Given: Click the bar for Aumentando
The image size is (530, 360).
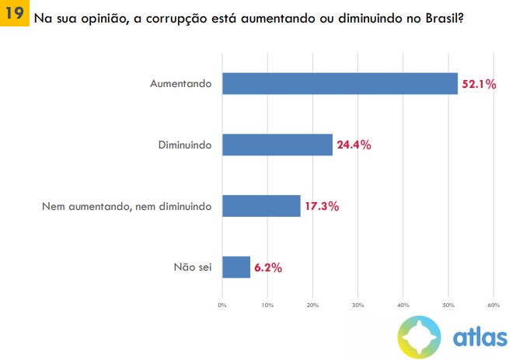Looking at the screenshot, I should coord(340,83).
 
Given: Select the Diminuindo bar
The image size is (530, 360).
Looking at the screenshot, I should coord(277,145).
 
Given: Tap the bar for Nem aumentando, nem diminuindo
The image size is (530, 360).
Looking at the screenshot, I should coord(261,206).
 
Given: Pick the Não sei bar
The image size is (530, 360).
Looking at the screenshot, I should coord(236,267).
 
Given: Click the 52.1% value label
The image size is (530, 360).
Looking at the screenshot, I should coord(479,84).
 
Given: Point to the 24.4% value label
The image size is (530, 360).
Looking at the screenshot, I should coord(354,145).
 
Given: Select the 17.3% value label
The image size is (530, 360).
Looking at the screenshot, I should coord(322,207).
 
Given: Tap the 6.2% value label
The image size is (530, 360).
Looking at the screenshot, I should coord(267,267).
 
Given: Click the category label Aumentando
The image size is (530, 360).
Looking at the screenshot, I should coord(181,84).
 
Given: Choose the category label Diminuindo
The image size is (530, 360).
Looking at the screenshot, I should coord(185,145).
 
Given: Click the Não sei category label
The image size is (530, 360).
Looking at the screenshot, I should coord(193,267).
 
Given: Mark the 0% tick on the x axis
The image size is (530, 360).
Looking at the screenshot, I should coord(222,304).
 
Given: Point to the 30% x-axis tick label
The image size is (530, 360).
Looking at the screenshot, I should coord(357,304).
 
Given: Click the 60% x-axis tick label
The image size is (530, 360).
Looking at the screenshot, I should coord(493,304).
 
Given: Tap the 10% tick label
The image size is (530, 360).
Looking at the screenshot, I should coord(267,304).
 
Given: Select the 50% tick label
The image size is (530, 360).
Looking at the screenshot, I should coord(448,304).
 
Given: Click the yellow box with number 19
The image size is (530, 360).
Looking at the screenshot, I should coord(14,14).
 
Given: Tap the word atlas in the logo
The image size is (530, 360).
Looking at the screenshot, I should coord(479,337).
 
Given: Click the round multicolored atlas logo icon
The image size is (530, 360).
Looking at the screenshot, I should coord(420,337).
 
